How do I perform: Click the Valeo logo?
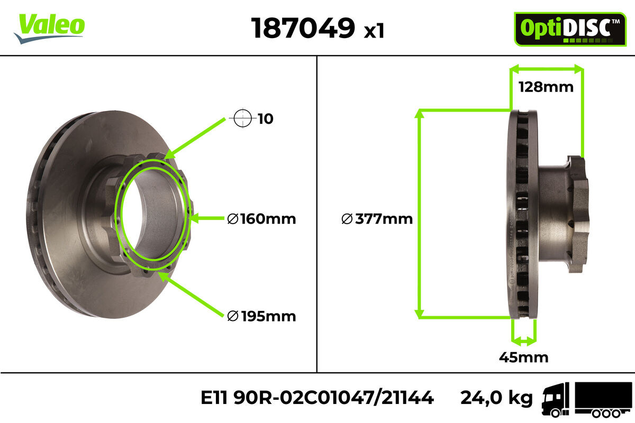tap(49, 29)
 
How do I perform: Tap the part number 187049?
tap(303, 28)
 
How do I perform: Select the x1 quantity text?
tap(374, 31)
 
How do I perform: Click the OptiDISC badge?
tap(570, 29)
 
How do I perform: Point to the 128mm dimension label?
tap(546, 87)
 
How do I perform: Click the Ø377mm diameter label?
tap(377, 219)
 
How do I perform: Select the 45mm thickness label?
tap(523, 357)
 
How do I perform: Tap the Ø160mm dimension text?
tap(261, 219)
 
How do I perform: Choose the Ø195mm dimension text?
tap(261, 316)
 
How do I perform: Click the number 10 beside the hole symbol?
tap(266, 119)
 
